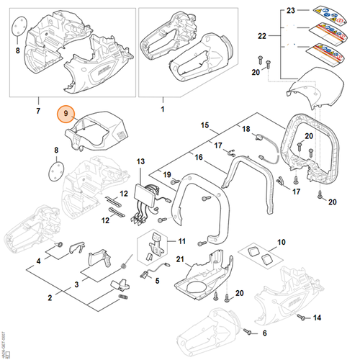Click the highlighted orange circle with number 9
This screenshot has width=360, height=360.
coord(66,114)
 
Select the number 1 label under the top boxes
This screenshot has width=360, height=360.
coord(162,109)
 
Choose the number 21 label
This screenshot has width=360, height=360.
coord(181,259)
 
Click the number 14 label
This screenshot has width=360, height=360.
coord(336,318)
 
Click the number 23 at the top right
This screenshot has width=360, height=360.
coord(291,12)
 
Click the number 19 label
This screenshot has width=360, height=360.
coord(166,174)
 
